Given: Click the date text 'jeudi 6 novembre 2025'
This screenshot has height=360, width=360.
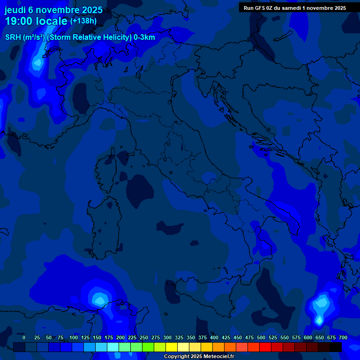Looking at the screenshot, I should (53, 10).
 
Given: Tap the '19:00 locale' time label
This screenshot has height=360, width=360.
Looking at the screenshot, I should (36, 21).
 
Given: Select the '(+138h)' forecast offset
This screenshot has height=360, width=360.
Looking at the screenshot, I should (83, 21).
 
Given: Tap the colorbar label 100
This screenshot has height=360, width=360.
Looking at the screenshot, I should (74, 337).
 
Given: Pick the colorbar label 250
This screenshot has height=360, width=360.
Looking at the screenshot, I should (144, 337).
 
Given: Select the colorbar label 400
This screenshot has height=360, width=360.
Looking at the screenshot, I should (214, 337).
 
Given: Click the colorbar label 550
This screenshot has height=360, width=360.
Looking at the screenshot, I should (285, 337).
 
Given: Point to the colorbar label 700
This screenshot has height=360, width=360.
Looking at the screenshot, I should (343, 337).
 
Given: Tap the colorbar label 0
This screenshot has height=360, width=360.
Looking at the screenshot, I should (24, 337).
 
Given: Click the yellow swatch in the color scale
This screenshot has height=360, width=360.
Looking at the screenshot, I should (172, 347).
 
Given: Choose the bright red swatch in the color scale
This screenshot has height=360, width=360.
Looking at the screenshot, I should (265, 347).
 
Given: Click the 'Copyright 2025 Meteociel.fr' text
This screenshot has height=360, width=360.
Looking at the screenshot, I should (199, 357).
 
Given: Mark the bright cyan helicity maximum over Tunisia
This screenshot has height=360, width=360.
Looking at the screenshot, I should (99, 298).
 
